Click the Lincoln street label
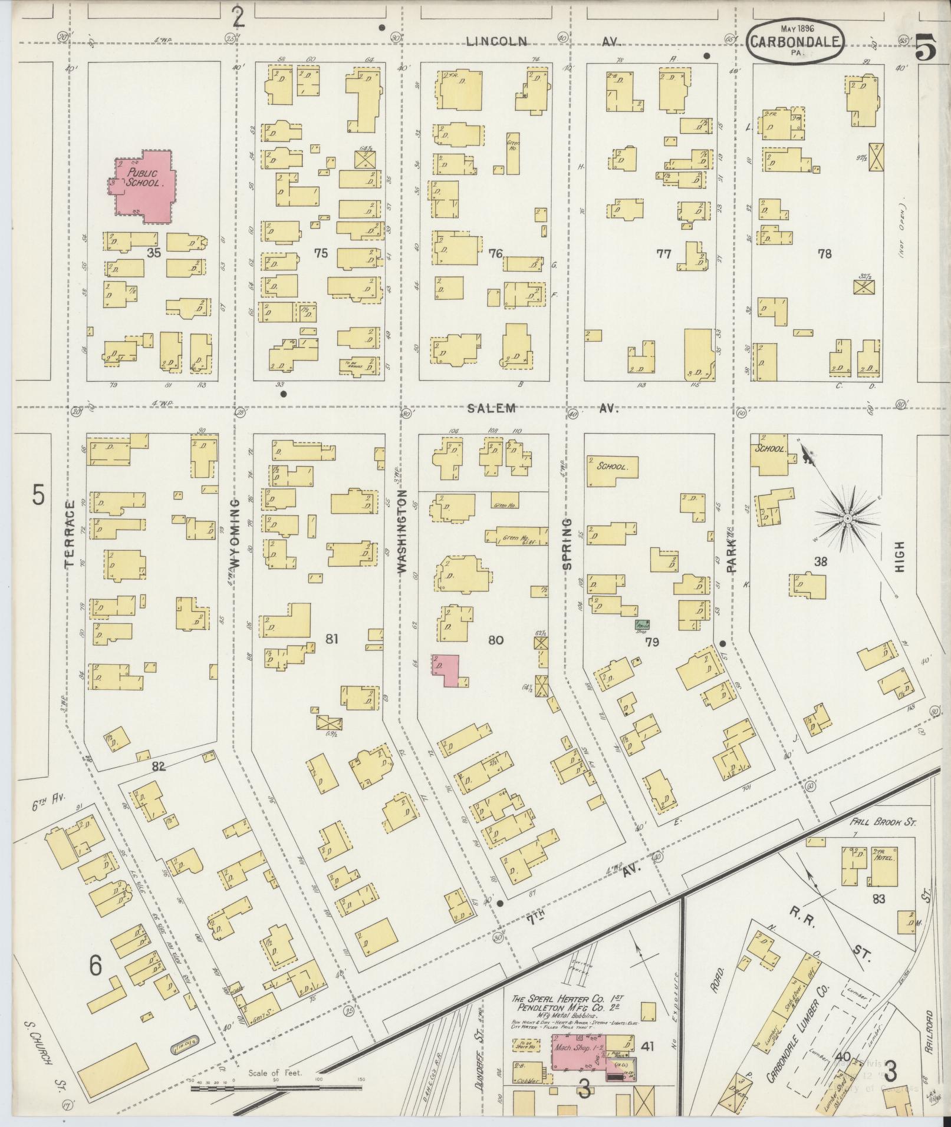[497, 41]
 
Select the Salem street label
[493, 408]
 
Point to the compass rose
[847, 518]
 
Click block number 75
[321, 254]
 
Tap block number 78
[824, 254]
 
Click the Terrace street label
[70, 533]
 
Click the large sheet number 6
[96, 964]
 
